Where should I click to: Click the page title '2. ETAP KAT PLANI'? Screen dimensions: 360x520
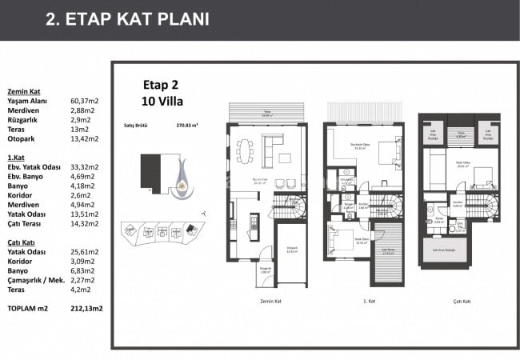click(128, 19)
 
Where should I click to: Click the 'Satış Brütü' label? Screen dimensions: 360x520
click(136, 126)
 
